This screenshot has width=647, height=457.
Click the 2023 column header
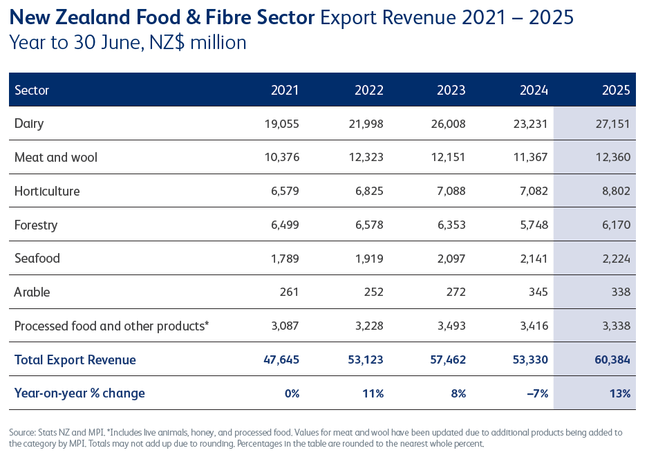point(451,90)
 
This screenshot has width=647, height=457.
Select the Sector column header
point(32,90)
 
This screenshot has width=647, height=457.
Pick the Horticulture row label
point(47,191)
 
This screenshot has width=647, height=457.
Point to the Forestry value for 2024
point(532,225)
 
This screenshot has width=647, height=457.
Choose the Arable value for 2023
point(454,292)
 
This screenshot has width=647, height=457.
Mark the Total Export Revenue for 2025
point(610,360)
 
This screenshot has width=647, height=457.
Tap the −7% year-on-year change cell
point(536,393)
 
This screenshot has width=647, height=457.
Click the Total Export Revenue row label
point(75,360)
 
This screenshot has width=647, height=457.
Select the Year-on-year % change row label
point(79,393)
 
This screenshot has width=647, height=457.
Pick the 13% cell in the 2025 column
point(620,393)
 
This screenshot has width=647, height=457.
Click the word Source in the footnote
point(23,432)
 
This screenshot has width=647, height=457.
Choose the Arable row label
point(32,292)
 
